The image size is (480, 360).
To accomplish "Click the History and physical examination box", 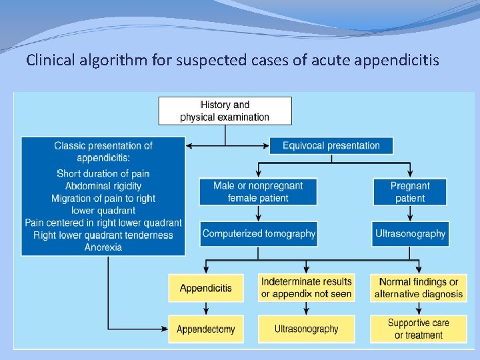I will click(x=225, y=111).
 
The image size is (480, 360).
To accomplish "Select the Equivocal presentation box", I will click(x=331, y=145).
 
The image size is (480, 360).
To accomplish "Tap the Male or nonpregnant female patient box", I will click(x=258, y=191).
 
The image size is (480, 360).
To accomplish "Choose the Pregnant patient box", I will click(x=410, y=191).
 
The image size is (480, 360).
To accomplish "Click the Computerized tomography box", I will click(x=259, y=233).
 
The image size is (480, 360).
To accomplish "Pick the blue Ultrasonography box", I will click(x=410, y=233).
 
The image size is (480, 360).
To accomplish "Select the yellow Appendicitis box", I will click(x=206, y=288).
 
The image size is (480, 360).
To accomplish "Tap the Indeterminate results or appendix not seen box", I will click(x=306, y=287).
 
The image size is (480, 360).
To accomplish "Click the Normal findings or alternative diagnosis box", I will click(x=418, y=288).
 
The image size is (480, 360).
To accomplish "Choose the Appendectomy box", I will click(x=206, y=329).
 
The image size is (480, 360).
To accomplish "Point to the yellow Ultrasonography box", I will click(x=306, y=329).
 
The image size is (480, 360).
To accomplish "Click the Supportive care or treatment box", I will click(x=418, y=329).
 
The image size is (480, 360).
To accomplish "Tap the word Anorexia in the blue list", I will click(x=103, y=247).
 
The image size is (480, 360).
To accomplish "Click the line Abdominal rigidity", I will click(x=103, y=186).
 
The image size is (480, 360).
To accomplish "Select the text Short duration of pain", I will click(x=103, y=174).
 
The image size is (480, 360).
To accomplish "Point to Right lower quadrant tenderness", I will click(x=103, y=235).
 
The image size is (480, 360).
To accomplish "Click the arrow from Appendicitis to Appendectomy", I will click(x=206, y=308).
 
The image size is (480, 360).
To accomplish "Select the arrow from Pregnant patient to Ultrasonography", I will click(x=410, y=213).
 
